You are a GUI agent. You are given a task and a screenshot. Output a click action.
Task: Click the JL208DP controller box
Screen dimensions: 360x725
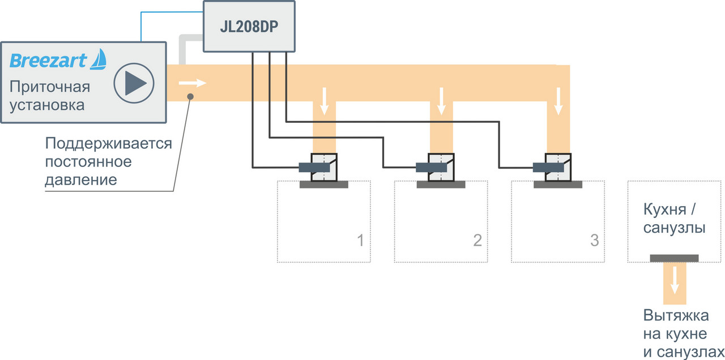249,26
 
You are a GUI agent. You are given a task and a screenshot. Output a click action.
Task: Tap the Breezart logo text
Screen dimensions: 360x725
49,60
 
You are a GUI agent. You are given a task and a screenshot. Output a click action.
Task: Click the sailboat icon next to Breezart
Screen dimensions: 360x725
99,59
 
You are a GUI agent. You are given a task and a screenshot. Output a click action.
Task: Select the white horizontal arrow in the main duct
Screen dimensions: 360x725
193,83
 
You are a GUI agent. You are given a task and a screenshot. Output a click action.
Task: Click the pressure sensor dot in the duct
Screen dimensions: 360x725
191,97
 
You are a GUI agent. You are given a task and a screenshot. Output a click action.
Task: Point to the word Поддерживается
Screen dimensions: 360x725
108,143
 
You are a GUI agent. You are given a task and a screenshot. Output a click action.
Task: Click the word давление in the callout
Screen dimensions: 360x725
81,181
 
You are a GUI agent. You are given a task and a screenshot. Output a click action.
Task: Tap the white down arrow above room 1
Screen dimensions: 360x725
325,100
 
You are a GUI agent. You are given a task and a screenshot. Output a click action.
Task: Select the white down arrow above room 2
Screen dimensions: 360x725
441,100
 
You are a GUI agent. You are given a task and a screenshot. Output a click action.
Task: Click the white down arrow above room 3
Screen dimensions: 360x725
558,100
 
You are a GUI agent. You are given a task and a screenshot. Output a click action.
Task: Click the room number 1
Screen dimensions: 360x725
360,241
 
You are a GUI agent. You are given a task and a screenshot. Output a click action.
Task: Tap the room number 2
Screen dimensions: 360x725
477,241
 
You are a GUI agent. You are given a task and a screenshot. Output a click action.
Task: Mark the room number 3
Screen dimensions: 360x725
594,241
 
